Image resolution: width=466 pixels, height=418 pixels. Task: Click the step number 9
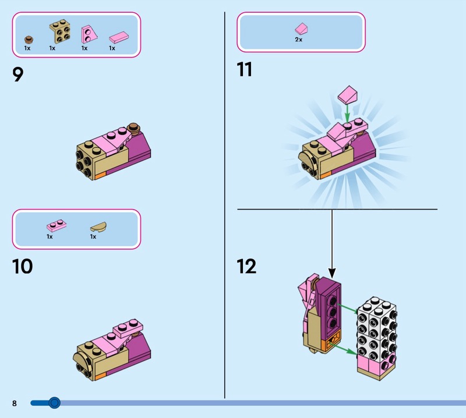[18, 74]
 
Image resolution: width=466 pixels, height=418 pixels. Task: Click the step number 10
[22, 266]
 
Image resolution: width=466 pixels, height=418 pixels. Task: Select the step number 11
[245, 69]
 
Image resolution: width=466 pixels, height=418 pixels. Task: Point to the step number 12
[246, 266]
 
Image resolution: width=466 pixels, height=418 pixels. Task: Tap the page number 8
[15, 403]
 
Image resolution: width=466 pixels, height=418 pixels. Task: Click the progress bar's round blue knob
[54, 403]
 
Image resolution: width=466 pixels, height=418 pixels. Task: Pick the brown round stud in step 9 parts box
[29, 40]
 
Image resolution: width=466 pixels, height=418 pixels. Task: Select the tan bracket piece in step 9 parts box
[60, 31]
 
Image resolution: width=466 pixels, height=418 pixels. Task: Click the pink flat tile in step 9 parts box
[119, 37]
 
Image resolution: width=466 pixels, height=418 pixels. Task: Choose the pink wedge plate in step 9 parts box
[88, 34]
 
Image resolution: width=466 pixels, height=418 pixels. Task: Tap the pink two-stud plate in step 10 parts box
[57, 226]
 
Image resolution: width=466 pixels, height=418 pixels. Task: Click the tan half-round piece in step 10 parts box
[98, 226]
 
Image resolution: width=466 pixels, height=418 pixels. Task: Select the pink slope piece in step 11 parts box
[301, 29]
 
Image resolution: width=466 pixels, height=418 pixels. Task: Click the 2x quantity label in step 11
[299, 40]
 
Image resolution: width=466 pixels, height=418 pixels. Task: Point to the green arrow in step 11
[347, 113]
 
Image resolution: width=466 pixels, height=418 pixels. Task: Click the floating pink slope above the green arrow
[347, 95]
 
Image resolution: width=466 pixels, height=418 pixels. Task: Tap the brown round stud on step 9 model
[134, 127]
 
